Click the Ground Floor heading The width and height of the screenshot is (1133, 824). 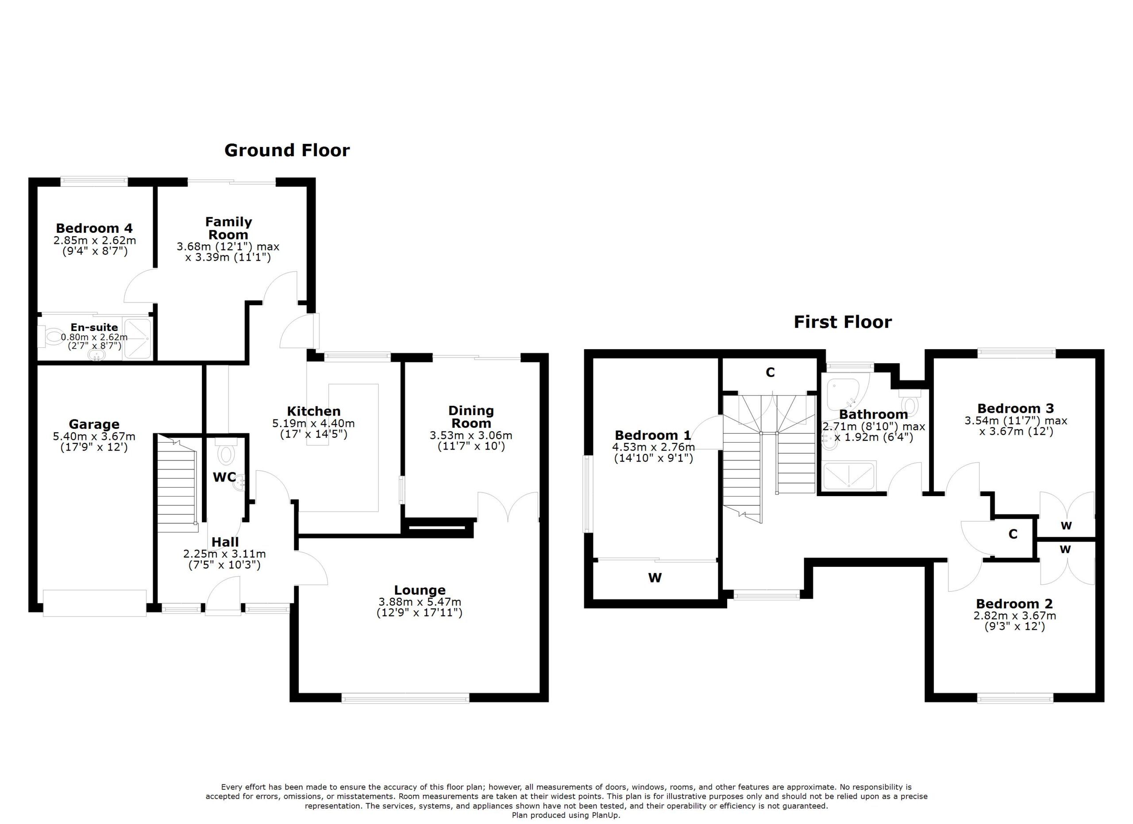point(287,150)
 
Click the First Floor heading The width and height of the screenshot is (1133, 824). point(843,322)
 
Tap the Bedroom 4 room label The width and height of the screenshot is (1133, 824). point(94,228)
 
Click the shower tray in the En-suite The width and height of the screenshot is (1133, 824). point(137,338)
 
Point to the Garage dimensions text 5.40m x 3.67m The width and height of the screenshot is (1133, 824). point(94,436)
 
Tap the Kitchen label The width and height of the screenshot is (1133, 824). point(314,412)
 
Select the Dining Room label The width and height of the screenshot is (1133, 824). point(471,417)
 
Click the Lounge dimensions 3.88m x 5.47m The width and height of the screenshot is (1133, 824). point(420,602)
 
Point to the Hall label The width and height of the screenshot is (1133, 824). point(225,542)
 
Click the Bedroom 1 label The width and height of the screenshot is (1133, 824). point(653,435)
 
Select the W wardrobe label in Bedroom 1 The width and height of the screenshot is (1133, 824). point(655,578)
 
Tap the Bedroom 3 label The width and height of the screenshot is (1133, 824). point(1016,408)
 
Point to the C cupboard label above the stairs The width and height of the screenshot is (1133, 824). point(771,373)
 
